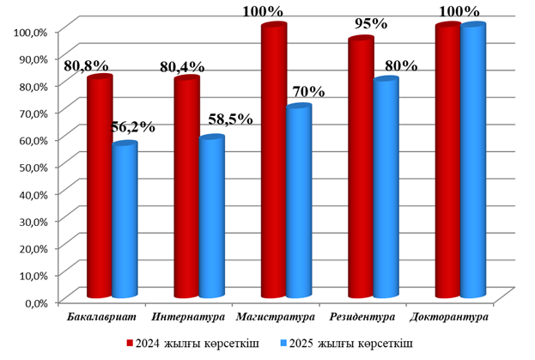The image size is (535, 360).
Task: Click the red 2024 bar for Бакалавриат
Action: point(100,189)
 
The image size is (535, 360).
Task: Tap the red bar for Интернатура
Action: point(186,189)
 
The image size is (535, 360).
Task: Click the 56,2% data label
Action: point(134,127)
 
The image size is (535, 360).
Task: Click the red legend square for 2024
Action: point(131,342)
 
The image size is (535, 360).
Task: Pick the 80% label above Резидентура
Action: point(400,66)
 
